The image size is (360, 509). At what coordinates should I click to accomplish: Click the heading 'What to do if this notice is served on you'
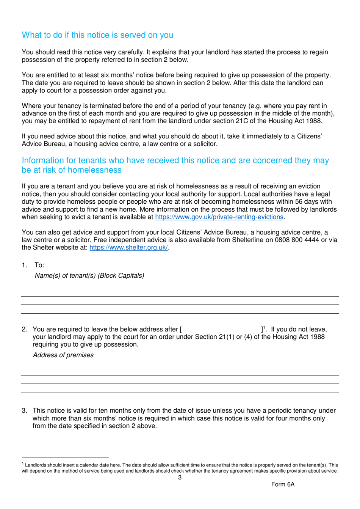click(x=97, y=35)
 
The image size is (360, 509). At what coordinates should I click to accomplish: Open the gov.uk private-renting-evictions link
click(x=219, y=217)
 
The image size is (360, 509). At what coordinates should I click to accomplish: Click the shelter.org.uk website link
click(x=128, y=248)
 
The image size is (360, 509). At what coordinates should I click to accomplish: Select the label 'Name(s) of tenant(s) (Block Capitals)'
click(x=89, y=276)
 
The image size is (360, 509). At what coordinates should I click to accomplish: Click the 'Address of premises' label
click(x=63, y=355)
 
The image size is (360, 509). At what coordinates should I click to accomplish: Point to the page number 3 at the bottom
click(x=180, y=478)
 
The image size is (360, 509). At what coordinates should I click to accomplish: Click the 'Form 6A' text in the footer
click(x=283, y=484)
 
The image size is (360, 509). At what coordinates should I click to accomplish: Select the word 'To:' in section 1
click(x=39, y=265)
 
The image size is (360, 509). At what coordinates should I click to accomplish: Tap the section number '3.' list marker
click(x=25, y=411)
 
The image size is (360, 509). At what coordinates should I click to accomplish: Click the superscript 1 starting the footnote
click(x=23, y=464)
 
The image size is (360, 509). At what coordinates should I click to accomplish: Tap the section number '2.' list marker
click(x=25, y=329)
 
